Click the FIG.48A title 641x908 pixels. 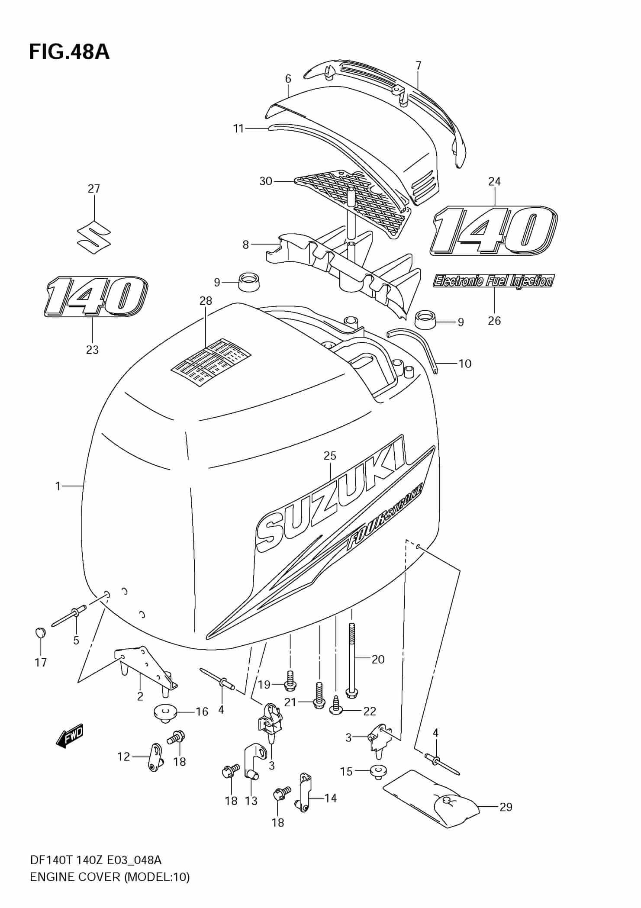tap(69, 52)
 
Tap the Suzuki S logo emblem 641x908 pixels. tap(93, 238)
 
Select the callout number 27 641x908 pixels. tap(94, 189)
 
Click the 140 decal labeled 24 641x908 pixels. tap(493, 230)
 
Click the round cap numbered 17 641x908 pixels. tap(40, 632)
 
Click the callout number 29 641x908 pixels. tap(506, 807)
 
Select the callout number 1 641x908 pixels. tap(58, 486)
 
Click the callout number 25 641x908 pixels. tap(330, 456)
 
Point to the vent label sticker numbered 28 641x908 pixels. tap(212, 356)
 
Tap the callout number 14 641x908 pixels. tap(331, 798)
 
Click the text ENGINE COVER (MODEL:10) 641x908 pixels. tap(109, 877)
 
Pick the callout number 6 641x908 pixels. tap(288, 79)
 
